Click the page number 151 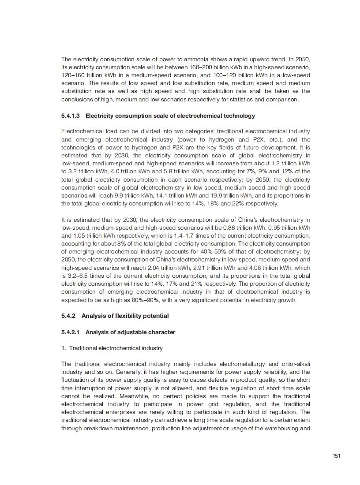pyautogui.click(x=336, y=456)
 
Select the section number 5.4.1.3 pyautogui.click(x=71, y=116)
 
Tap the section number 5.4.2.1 pyautogui.click(x=71, y=332)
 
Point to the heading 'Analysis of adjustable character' pyautogui.click(x=130, y=332)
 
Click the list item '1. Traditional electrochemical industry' pyautogui.click(x=112, y=348)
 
